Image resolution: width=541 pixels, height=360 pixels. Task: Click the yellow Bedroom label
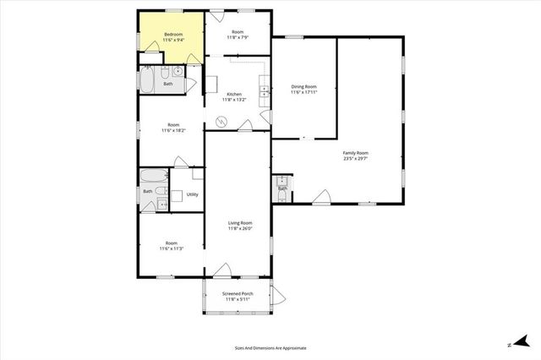173,34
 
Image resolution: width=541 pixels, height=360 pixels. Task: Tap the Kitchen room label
234,94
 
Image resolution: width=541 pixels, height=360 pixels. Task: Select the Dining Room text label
303,85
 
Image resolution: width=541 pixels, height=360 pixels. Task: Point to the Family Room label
356,153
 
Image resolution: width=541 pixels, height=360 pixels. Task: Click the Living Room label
240,222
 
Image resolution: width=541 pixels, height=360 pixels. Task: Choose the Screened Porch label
238,293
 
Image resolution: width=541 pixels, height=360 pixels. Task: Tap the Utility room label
192,194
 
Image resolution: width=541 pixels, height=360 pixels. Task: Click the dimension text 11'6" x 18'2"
172,130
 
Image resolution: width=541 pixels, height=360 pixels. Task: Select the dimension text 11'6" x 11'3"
172,248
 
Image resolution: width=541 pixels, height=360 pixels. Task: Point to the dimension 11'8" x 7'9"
238,37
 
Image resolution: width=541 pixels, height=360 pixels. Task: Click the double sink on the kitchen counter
265,89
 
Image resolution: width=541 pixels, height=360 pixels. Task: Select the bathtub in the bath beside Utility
155,177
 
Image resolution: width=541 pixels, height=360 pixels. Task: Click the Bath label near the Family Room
282,188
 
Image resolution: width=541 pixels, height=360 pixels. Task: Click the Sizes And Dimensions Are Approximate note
270,347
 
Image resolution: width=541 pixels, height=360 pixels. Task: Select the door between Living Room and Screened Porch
223,271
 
